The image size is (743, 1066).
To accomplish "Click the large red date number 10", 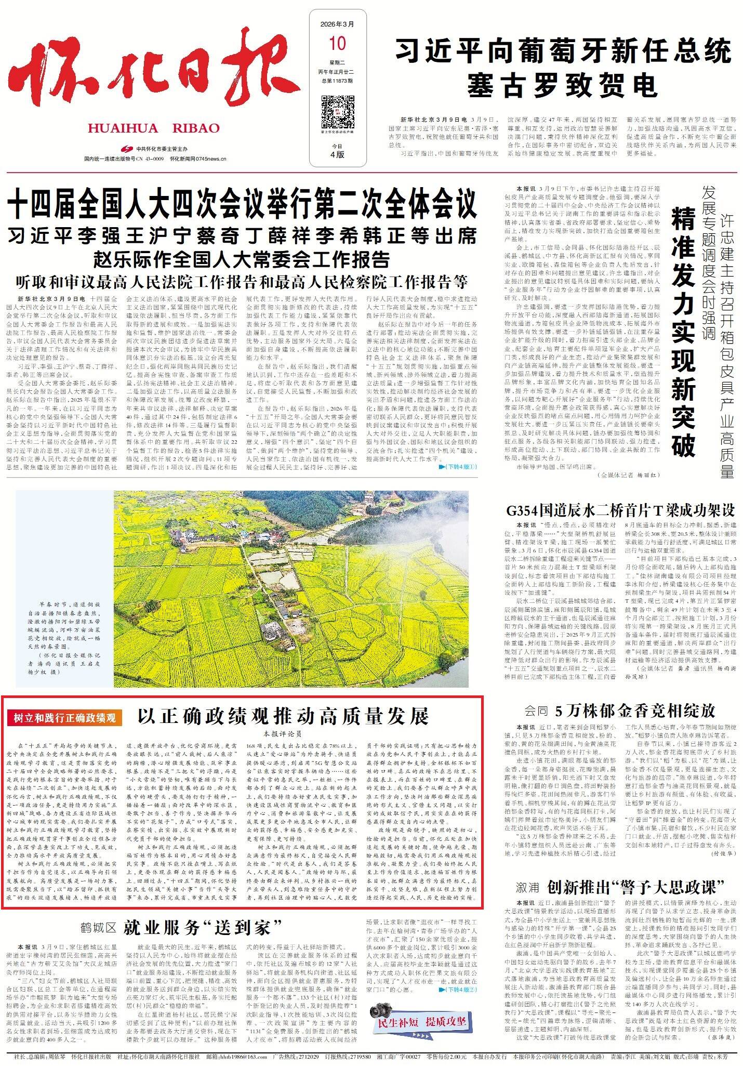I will tap(337, 43).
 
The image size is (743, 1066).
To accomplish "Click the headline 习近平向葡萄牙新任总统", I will tap(563, 52).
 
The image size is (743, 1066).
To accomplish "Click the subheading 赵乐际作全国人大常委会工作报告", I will tap(242, 258).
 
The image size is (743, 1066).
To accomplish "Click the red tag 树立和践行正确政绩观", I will tap(65, 718).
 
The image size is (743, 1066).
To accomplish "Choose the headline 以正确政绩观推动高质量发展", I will tap(283, 716).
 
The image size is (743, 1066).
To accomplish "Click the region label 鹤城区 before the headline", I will tap(98, 928).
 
